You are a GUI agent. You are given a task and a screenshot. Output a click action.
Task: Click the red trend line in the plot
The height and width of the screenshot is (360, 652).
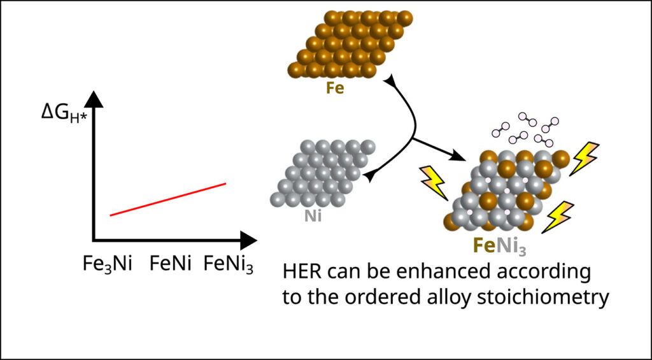tap(168, 199)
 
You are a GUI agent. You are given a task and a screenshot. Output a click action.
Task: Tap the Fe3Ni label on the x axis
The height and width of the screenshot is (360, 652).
tap(108, 263)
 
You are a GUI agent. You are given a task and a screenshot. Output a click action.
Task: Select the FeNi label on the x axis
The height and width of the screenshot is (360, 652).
tap(171, 263)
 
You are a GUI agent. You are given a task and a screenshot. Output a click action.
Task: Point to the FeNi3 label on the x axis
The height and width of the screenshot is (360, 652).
tap(229, 263)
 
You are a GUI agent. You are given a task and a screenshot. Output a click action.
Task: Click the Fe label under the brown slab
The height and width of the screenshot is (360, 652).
tap(335, 87)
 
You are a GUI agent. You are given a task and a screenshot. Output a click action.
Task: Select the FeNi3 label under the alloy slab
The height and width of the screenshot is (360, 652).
tap(499, 244)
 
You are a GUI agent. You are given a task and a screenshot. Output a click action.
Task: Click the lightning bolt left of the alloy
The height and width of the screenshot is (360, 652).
tap(434, 182)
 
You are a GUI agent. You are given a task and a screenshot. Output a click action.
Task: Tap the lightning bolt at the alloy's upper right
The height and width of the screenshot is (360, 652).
tap(584, 158)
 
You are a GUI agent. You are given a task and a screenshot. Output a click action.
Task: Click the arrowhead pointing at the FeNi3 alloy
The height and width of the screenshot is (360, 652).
tap(456, 156)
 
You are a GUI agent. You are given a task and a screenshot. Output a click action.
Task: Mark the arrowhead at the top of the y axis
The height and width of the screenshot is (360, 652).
tap(94, 99)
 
